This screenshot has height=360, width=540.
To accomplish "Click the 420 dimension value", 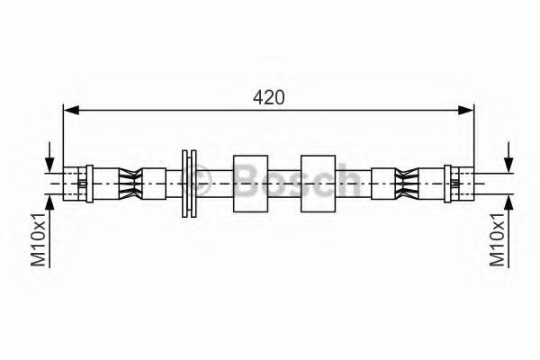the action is click(268, 97).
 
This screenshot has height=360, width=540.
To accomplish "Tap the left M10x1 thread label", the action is click(38, 239).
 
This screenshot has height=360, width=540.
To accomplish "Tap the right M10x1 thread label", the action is click(498, 239).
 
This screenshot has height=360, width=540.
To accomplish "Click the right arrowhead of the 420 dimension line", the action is click(465, 110).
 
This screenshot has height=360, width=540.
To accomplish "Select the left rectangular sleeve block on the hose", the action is click(251, 184).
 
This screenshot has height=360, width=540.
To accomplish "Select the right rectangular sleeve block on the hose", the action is click(319, 184).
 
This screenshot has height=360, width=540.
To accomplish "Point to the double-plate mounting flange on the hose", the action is click(189, 184).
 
